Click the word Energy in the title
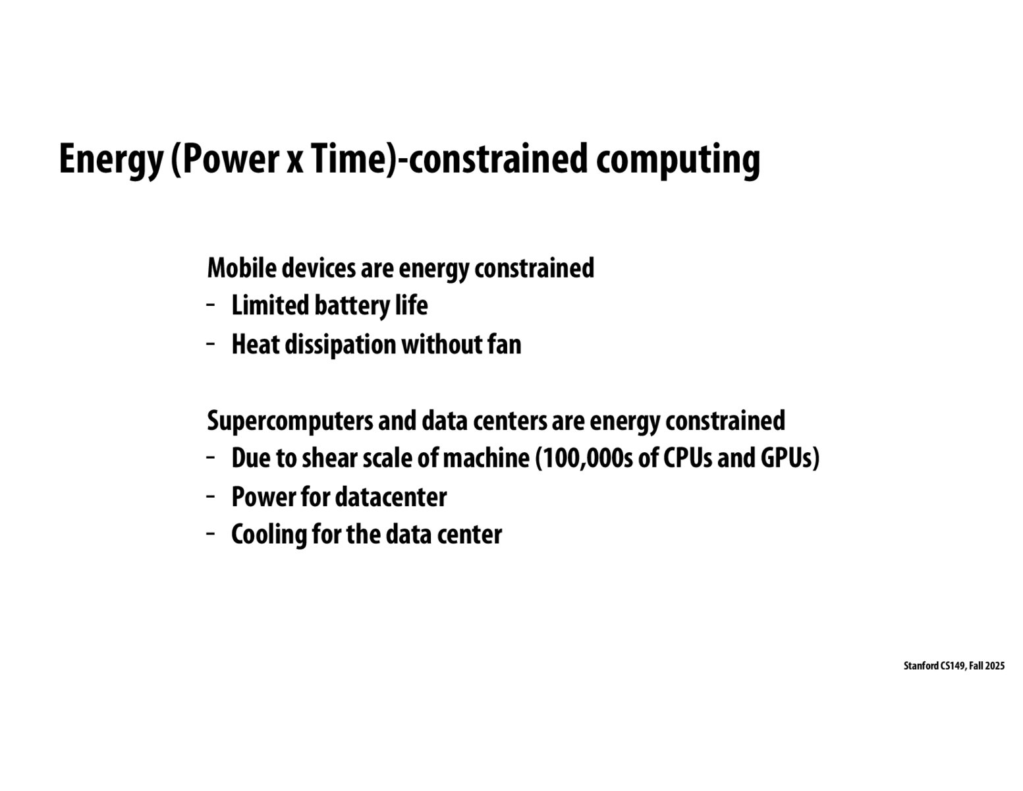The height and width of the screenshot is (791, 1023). point(110,160)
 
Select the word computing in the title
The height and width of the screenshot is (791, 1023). point(678,160)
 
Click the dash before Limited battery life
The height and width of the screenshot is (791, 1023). point(211,305)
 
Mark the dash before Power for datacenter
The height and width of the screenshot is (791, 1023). point(211,496)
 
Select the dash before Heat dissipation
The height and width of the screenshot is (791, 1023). point(211,343)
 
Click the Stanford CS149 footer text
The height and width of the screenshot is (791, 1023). point(954,666)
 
